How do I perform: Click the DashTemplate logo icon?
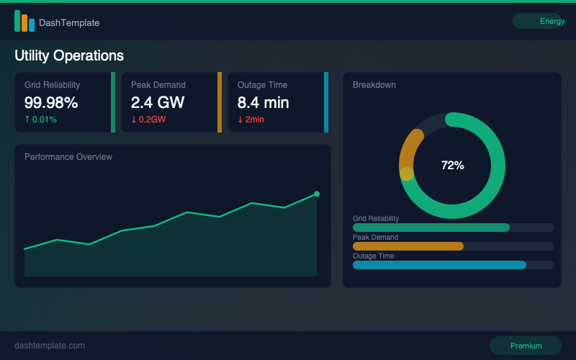click(24, 22)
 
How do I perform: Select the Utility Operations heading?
click(69, 55)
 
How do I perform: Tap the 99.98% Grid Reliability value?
click(51, 102)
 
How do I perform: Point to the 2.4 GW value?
click(158, 102)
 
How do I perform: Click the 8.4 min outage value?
click(264, 102)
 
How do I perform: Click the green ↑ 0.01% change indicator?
click(41, 120)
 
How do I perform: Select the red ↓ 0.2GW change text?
click(148, 120)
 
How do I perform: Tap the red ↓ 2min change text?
click(251, 120)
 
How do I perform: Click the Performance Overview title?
click(68, 157)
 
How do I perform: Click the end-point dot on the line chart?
click(316, 194)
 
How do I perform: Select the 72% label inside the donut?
click(452, 165)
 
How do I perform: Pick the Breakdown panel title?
click(374, 85)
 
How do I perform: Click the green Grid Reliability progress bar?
click(431, 228)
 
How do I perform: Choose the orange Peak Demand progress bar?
click(408, 246)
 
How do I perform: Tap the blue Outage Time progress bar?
click(439, 265)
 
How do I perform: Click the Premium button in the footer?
click(526, 346)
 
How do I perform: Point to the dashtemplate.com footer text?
click(50, 346)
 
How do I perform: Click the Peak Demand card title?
click(158, 85)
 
